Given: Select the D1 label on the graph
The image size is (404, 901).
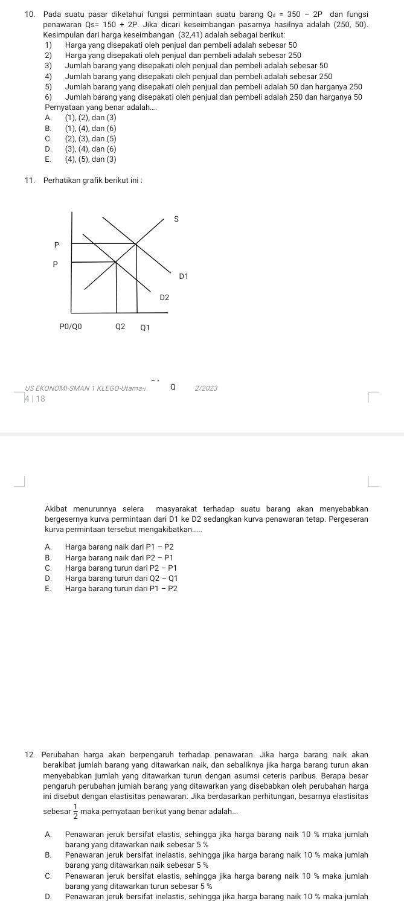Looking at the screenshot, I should [184, 276].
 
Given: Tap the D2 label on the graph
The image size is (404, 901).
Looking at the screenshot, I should [165, 298].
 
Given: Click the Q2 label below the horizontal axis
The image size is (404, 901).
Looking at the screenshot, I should [121, 327].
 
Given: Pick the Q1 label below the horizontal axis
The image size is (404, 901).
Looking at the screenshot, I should [144, 329].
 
